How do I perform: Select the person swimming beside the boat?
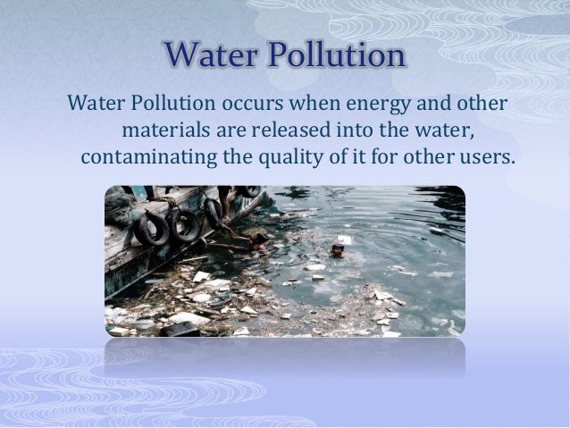point(256,239)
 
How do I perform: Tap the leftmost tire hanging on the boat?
point(152,230)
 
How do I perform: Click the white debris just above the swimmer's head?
point(343,239)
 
